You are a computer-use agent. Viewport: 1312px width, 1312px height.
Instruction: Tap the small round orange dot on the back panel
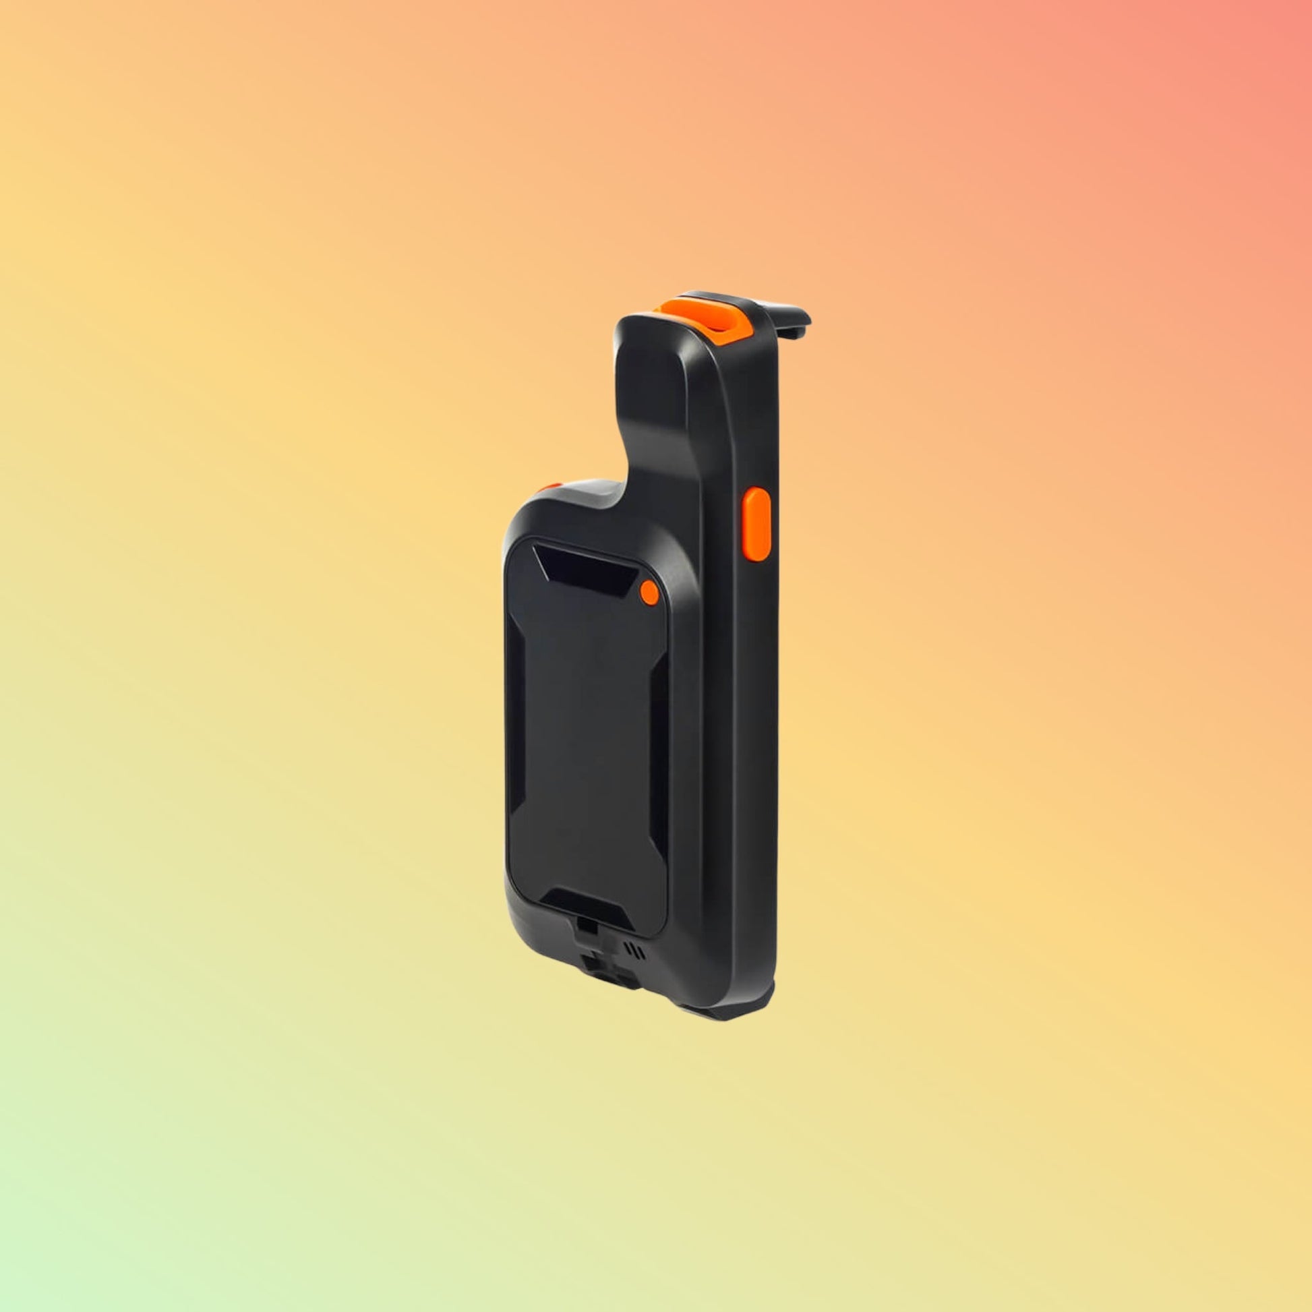coord(649,593)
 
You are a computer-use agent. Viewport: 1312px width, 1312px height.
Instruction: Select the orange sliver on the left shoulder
coord(549,487)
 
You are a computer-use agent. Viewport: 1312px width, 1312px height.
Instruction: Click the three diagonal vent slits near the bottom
coord(637,949)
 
